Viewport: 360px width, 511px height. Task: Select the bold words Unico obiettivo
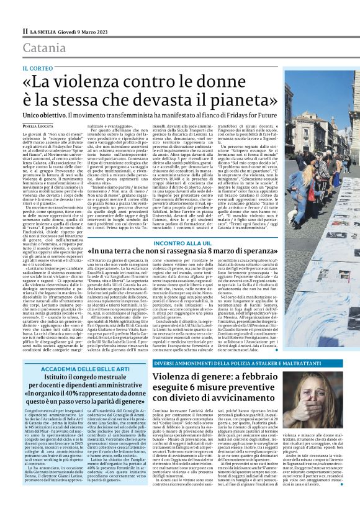coord(45,116)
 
